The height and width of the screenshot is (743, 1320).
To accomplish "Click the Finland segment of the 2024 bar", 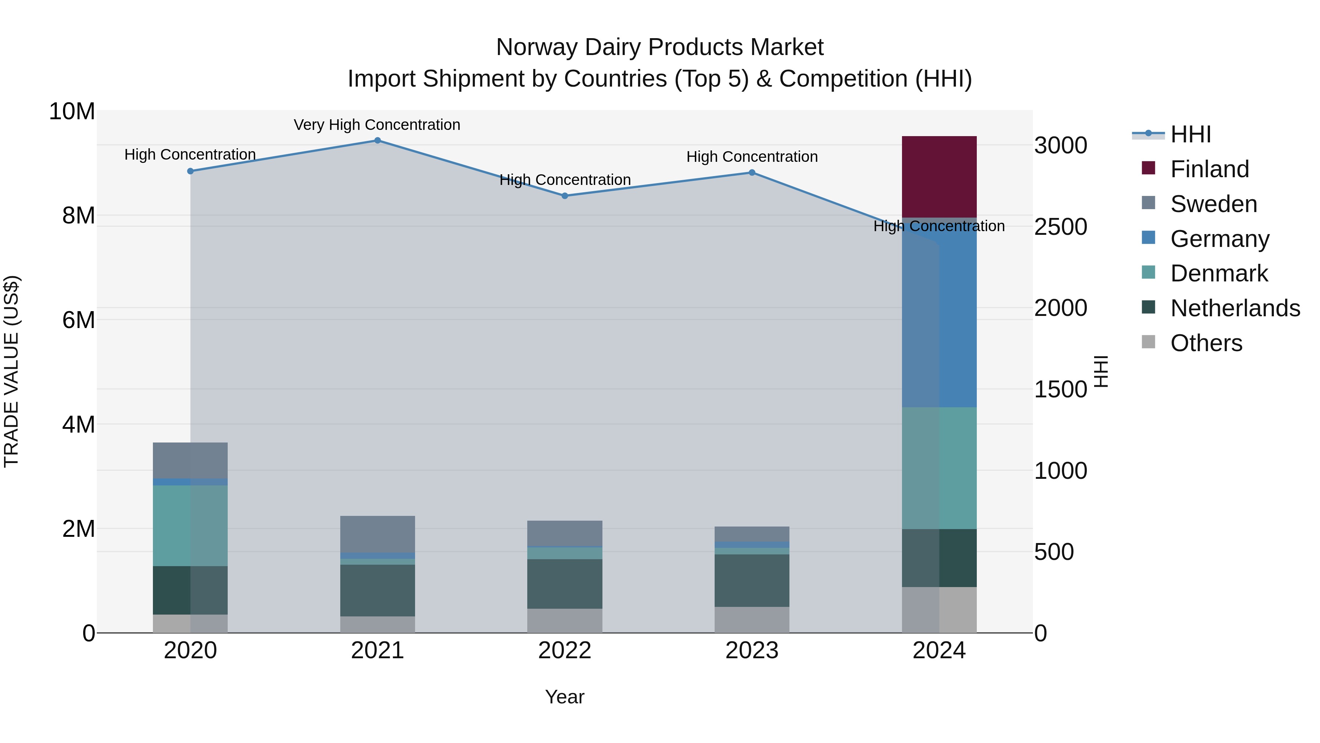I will pyautogui.click(x=939, y=177).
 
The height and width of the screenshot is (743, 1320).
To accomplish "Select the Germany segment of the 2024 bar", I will pyautogui.click(x=939, y=313).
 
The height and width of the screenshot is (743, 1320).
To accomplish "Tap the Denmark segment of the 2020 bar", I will pyautogui.click(x=190, y=525).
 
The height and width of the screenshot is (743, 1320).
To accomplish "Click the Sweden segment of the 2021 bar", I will pyautogui.click(x=378, y=534).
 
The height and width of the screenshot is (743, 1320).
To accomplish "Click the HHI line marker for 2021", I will pyautogui.click(x=378, y=141).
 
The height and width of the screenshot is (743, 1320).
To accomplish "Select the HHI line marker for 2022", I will pyautogui.click(x=565, y=196).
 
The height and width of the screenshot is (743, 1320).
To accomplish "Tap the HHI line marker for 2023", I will pyautogui.click(x=752, y=173).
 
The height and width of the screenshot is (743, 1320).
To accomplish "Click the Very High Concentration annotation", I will pyautogui.click(x=377, y=125).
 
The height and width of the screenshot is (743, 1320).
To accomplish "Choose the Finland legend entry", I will pyautogui.click(x=1209, y=169).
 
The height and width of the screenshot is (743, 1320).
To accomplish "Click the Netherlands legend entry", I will pyautogui.click(x=1235, y=308).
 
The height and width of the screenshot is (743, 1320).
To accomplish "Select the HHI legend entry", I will pyautogui.click(x=1190, y=134).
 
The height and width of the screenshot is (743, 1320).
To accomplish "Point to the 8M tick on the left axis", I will pyautogui.click(x=78, y=215).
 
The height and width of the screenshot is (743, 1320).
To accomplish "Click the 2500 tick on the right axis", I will pyautogui.click(x=1060, y=227).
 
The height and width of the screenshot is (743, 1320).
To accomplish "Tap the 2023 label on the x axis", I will pyautogui.click(x=752, y=651).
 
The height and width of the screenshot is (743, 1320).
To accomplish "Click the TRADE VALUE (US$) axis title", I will pyautogui.click(x=11, y=371).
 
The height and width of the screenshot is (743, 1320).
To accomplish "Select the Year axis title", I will pyautogui.click(x=565, y=697).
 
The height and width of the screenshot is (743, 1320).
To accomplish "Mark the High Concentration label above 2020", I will pyautogui.click(x=190, y=154).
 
